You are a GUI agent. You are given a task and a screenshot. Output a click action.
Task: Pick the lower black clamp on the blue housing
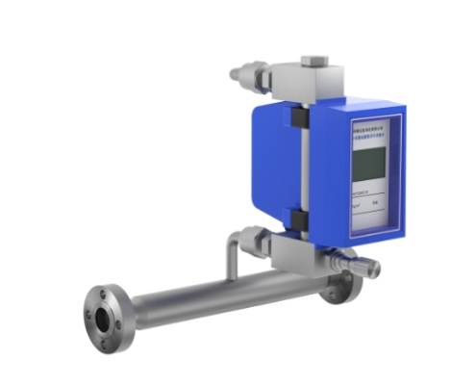(300, 222)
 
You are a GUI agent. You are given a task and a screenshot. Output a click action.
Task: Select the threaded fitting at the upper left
(246, 72)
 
